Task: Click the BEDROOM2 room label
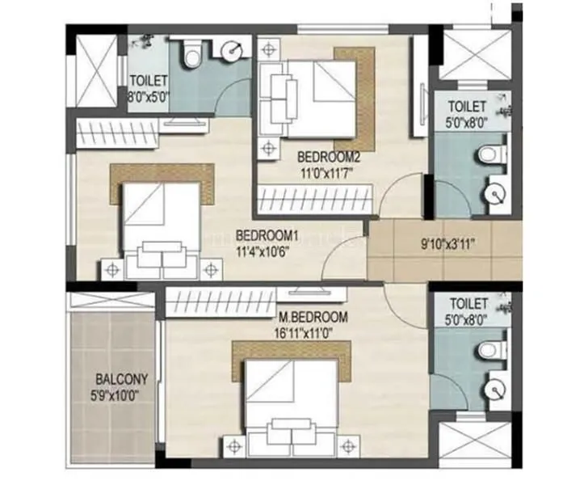click(x=328, y=156)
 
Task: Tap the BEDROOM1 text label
click(x=267, y=236)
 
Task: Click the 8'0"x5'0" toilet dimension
click(x=148, y=95)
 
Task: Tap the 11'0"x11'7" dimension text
click(x=328, y=170)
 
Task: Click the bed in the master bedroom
click(x=292, y=399)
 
